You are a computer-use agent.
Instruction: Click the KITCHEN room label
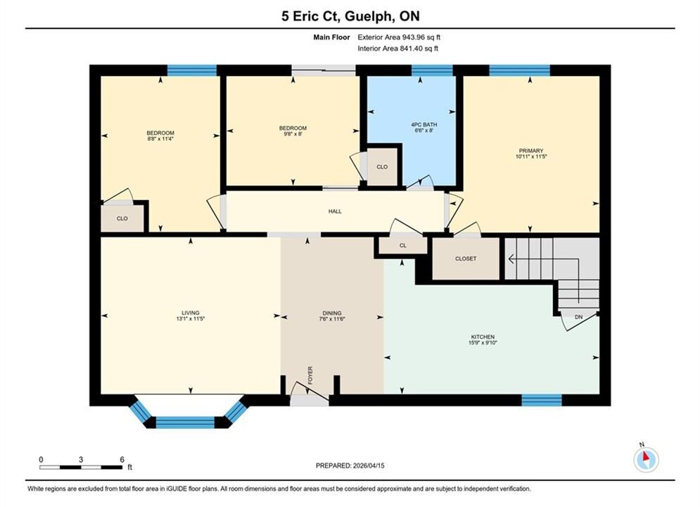(x=483, y=337)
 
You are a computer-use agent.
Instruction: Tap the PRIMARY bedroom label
(x=530, y=151)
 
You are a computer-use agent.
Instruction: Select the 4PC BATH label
(x=424, y=125)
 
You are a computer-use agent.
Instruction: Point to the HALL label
(x=335, y=211)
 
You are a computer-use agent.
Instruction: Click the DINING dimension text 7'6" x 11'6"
(x=331, y=319)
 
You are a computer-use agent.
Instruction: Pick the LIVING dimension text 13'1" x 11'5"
(x=190, y=319)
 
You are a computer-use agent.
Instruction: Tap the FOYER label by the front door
(x=310, y=375)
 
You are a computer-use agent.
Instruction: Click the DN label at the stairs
(x=578, y=317)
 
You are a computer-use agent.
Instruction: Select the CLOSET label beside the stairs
(x=466, y=258)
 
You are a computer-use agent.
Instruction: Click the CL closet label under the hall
(x=403, y=245)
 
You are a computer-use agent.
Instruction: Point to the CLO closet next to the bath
(x=382, y=167)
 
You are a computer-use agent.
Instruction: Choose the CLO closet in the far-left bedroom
(x=122, y=218)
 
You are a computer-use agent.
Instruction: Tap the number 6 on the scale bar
(x=122, y=459)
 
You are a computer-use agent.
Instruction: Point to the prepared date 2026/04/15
(x=369, y=465)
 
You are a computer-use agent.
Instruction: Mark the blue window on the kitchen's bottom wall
(x=542, y=400)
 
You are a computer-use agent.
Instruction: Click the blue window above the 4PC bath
(x=432, y=70)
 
